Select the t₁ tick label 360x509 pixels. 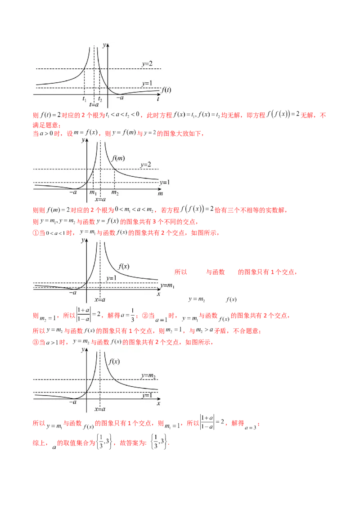84,99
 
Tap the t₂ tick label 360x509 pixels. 100,99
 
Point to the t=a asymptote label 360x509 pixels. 94,105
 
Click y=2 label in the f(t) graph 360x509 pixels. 147,64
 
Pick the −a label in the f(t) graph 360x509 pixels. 120,97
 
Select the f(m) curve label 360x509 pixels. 119,158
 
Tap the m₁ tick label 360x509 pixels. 93,193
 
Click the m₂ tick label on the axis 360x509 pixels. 115,193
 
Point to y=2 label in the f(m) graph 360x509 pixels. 145,165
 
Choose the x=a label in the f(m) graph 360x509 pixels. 100,199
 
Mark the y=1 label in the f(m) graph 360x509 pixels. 164,182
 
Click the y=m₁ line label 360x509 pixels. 167,286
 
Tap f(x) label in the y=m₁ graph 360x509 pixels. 124,266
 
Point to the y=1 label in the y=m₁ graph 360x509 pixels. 111,278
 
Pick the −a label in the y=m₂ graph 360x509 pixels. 73,403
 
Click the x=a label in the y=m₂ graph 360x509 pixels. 100,409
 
